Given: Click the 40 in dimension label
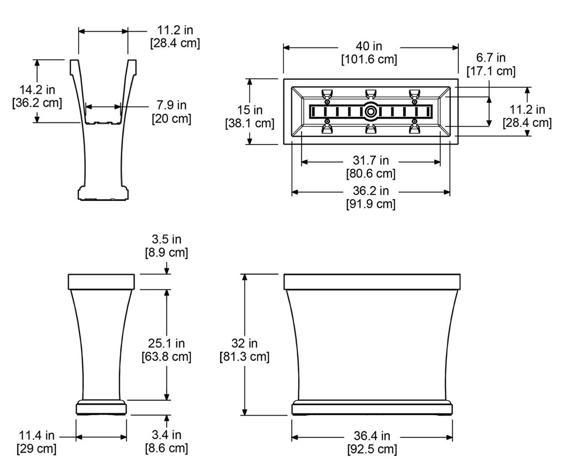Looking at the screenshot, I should coord(369,46).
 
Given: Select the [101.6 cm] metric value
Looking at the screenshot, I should coord(369,59).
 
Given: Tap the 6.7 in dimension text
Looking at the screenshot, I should coord(491,58).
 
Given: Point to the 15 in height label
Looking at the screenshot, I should coord(249,110).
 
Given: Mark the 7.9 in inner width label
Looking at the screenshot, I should coord(171,105).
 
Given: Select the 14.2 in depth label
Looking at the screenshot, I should coord(37,89).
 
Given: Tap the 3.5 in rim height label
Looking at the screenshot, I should coord(166,239).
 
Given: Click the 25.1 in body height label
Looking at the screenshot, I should coord(166,343).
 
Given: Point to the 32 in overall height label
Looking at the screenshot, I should coord(244,343).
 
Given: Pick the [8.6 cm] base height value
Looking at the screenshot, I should coord(166,448).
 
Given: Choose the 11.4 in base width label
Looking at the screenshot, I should coord(37,435).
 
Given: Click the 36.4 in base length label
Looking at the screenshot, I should coord(372,436).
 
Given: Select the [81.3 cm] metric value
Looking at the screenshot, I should coord(244,356).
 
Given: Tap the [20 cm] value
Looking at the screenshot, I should coord(171,119).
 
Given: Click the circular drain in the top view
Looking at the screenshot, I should coord(370,112).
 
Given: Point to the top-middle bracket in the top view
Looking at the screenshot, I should coord(370,93).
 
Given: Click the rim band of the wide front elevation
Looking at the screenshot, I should coord(372,282).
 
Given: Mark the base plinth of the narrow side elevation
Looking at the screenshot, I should coord(101,407).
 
